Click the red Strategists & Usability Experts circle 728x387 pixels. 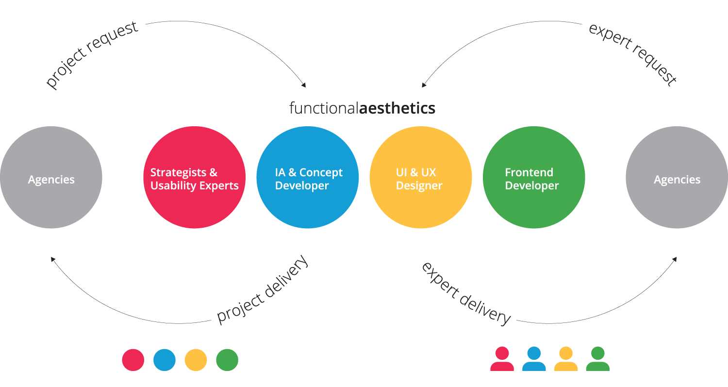click(195, 177)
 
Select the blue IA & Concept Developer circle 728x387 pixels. click(308, 177)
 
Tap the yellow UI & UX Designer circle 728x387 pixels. click(421, 177)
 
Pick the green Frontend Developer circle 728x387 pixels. click(534, 177)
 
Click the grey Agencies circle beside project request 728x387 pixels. click(51, 177)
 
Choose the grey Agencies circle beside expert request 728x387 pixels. click(677, 177)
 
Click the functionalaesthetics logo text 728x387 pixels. click(362, 108)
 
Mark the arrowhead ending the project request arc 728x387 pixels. click(304, 86)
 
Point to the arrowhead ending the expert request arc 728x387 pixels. click(424, 86)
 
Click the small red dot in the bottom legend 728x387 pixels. click(133, 360)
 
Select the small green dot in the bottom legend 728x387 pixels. click(227, 360)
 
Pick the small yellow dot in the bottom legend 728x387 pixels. click(196, 360)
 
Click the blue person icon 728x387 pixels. click(534, 359)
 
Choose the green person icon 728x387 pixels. click(597, 359)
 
